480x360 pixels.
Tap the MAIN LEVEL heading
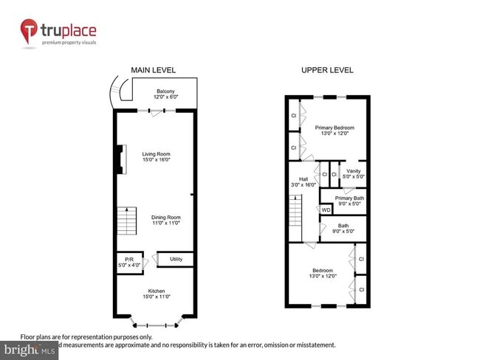click(x=154, y=70)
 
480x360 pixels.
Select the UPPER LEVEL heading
click(x=327, y=70)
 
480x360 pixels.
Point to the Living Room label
click(x=157, y=153)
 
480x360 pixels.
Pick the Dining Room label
click(x=166, y=217)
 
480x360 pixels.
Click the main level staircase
click(x=127, y=220)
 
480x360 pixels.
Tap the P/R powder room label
click(x=129, y=259)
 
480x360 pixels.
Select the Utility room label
click(x=176, y=259)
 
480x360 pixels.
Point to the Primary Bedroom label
click(x=329, y=128)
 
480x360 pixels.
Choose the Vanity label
click(x=353, y=171)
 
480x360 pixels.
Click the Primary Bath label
click(x=349, y=198)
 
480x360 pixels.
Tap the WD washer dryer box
click(x=326, y=210)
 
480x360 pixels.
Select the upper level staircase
click(x=295, y=216)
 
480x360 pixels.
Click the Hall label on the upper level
click(x=304, y=179)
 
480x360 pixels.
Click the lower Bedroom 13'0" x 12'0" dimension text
click(x=322, y=276)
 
